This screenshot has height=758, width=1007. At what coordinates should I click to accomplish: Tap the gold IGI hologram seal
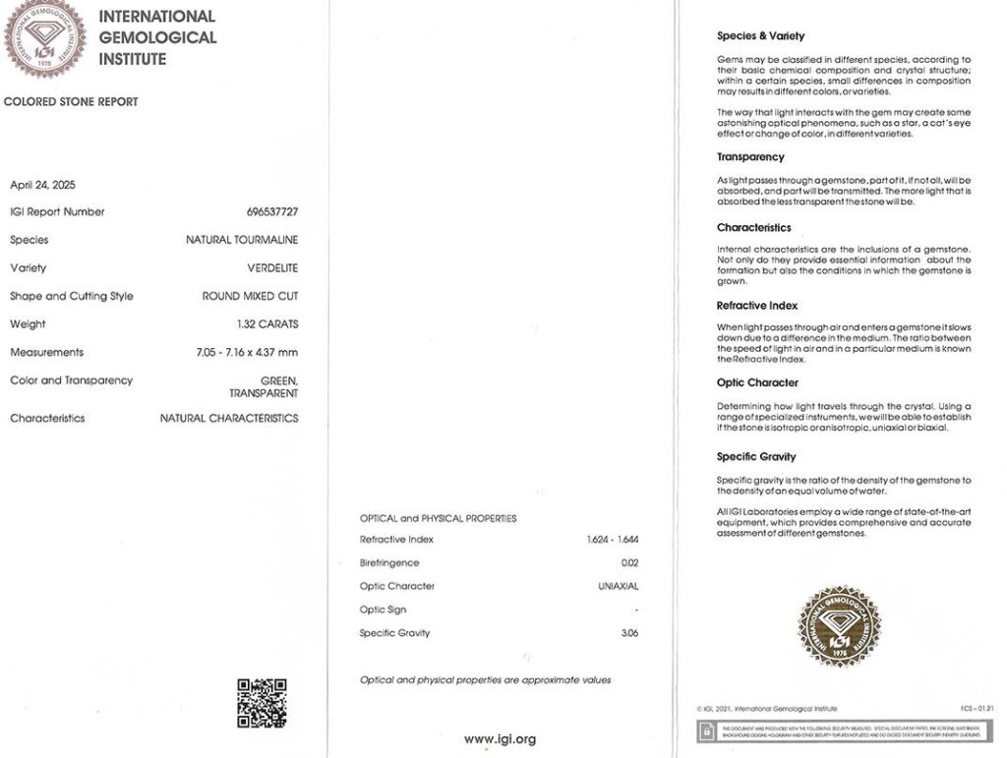point(839,626)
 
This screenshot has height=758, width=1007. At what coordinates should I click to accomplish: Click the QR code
point(262,703)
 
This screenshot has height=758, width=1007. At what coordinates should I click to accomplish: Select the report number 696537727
point(272,212)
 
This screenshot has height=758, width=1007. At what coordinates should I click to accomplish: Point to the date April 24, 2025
point(42,185)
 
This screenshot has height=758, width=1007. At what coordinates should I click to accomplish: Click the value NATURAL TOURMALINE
point(242,240)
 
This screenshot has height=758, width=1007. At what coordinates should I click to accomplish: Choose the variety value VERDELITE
point(272,268)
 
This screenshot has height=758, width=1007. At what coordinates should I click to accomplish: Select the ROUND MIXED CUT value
point(250,296)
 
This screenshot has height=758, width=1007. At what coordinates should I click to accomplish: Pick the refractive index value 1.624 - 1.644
point(613,540)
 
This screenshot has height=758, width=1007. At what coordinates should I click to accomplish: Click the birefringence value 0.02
point(629,563)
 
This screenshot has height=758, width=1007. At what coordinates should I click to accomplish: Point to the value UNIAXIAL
point(619,587)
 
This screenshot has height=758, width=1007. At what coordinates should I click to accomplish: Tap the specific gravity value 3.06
point(629,633)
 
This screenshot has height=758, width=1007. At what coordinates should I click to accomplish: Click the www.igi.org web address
point(500,739)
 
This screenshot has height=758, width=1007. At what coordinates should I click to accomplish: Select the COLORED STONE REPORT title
point(71,102)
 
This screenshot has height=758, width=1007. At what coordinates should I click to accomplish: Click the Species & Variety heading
point(760,36)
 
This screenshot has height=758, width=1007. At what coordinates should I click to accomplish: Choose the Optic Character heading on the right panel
point(757,383)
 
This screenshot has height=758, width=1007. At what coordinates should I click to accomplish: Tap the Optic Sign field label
point(383,610)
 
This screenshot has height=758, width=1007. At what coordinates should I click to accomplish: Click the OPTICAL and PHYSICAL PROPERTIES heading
point(438,518)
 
